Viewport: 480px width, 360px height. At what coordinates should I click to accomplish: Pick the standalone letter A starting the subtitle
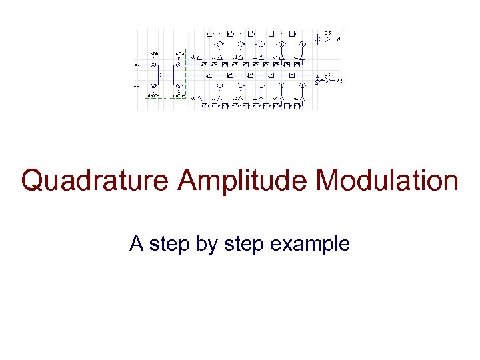tap(137, 244)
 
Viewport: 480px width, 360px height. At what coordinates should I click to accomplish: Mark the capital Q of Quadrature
tap(32, 181)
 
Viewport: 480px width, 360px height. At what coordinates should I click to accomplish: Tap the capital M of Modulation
tap(327, 181)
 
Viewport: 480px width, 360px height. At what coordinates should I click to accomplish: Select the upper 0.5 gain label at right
tap(327, 33)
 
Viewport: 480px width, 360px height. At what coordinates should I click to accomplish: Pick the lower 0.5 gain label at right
tap(327, 73)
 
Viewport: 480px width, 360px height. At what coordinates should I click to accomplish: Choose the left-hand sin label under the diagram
tap(153, 97)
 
